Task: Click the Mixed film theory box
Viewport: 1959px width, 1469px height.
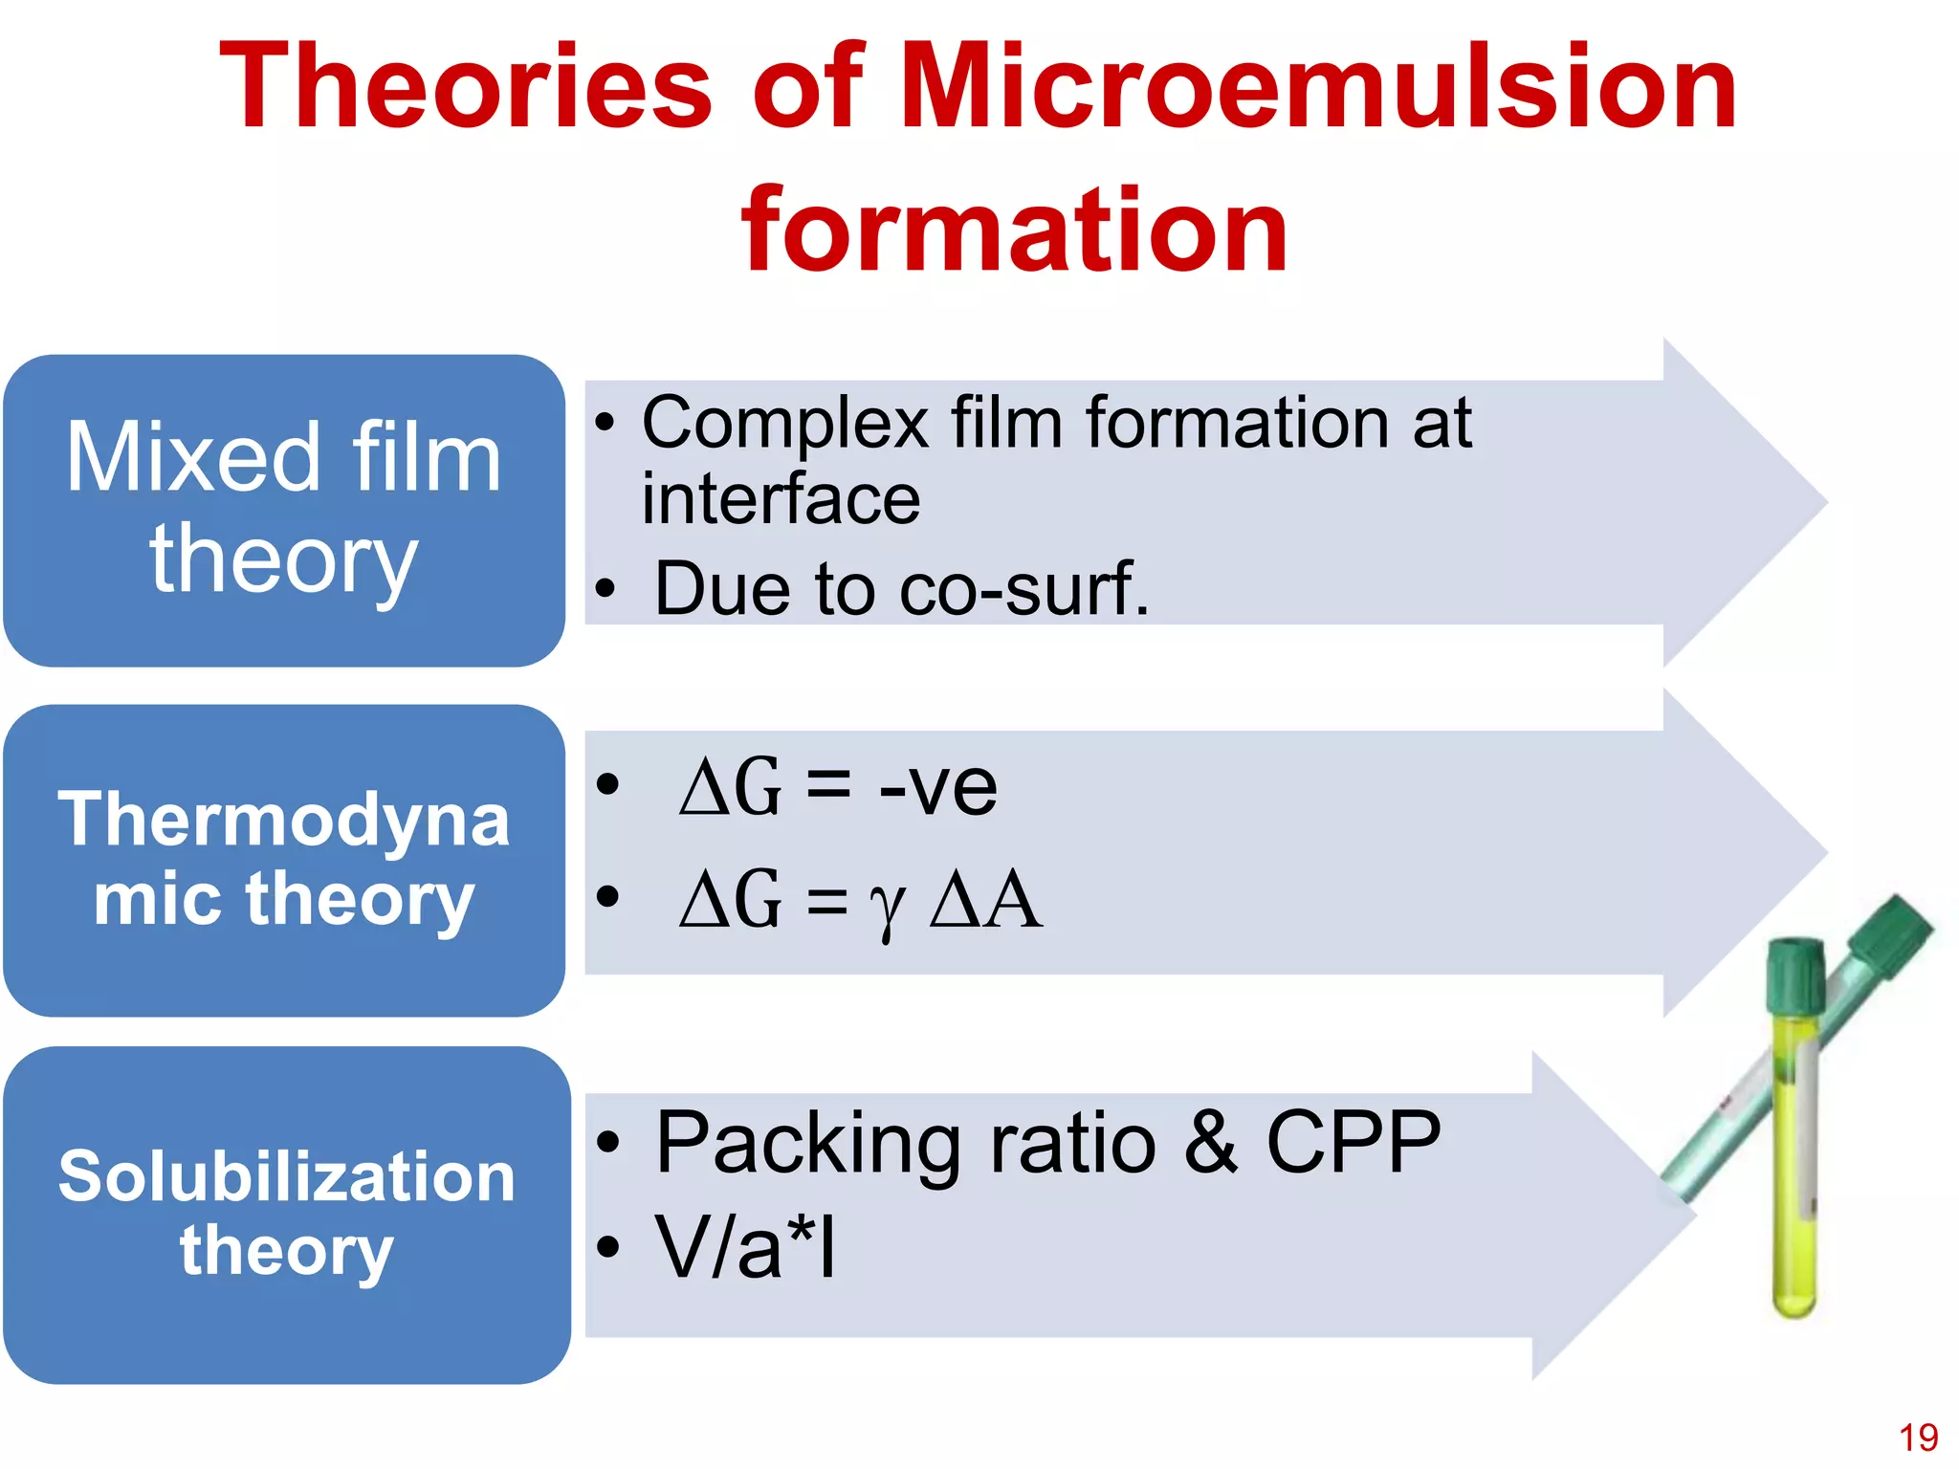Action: (284, 510)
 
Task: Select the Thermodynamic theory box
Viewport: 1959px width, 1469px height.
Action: (284, 860)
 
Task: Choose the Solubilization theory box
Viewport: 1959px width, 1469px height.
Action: (286, 1214)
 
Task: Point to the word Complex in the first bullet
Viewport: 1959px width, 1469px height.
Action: (784, 424)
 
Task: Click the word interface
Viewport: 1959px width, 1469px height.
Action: (781, 499)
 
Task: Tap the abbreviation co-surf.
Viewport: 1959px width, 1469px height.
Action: (1024, 589)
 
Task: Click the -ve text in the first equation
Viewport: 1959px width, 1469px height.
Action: (937, 788)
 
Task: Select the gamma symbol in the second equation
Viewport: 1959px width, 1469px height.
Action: (887, 904)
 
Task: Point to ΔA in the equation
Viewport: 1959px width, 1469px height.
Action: (985, 901)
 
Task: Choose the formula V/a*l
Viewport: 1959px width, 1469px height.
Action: (745, 1247)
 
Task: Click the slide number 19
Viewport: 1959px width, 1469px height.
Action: (1918, 1437)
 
